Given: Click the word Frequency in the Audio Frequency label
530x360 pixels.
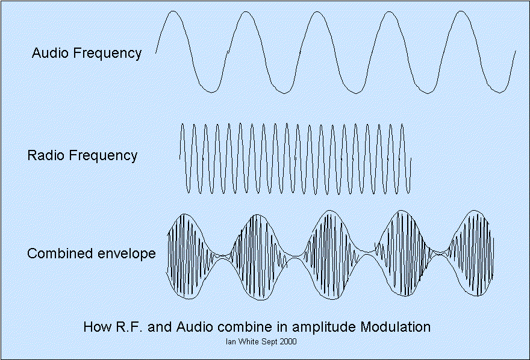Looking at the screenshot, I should (107, 54).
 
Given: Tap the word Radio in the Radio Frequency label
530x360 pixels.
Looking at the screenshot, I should (46, 155).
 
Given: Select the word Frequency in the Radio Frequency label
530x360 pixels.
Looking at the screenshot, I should (104, 156).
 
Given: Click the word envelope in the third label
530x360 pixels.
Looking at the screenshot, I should (126, 253).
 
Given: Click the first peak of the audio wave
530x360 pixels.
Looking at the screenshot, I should (172, 11).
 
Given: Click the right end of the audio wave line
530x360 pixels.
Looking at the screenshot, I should (516, 52).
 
